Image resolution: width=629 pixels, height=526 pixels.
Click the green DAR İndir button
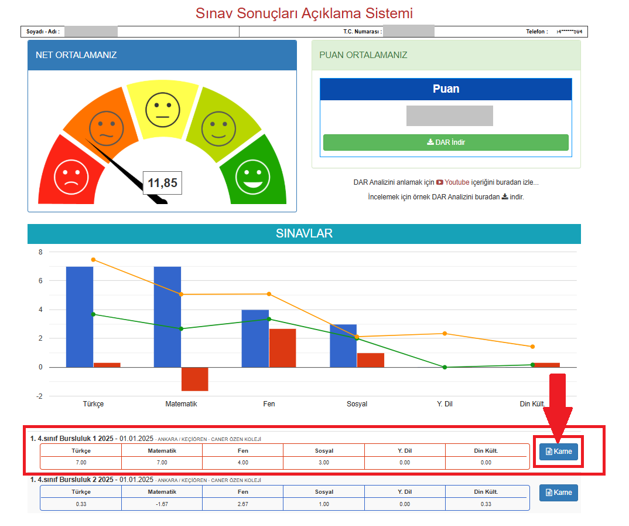[446, 142]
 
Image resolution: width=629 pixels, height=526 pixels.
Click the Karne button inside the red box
[559, 452]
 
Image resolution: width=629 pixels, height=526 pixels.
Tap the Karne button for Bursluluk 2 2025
[559, 493]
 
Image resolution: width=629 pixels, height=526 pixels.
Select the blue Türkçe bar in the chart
[79, 317]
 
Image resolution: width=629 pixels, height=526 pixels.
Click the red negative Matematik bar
[194, 379]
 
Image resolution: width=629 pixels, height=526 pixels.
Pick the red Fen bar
[282, 348]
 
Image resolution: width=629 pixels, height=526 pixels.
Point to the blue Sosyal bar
[343, 345]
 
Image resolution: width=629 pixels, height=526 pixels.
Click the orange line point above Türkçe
[93, 260]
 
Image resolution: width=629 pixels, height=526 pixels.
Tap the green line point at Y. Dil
[445, 367]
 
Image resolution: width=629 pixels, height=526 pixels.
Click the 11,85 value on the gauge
[162, 183]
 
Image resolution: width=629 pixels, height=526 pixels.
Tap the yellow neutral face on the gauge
[163, 109]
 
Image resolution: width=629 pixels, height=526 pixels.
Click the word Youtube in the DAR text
[457, 182]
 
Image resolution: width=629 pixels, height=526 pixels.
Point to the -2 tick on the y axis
[40, 396]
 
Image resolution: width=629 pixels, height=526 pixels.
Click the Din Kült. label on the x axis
[532, 404]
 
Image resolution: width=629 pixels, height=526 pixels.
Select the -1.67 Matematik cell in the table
[162, 504]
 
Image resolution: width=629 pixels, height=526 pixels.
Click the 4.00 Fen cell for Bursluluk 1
[242, 463]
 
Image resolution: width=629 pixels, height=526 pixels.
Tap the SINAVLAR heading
[304, 233]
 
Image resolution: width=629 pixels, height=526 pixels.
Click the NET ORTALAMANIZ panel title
[76, 55]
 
